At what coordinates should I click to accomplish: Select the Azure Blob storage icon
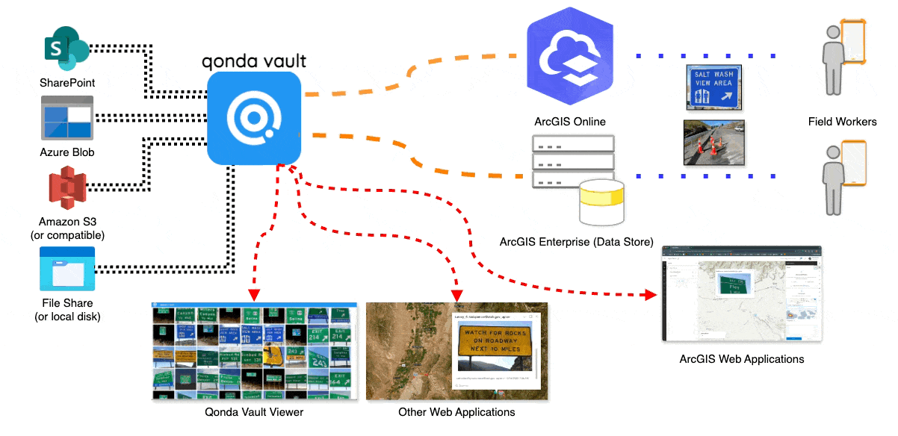tap(67, 117)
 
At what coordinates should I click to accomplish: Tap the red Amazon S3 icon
tap(67, 187)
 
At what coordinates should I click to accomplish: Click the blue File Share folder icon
tap(67, 268)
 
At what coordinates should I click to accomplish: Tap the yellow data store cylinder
tap(601, 203)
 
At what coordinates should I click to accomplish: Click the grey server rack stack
tap(572, 160)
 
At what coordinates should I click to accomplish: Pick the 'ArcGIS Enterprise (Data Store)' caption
tap(576, 242)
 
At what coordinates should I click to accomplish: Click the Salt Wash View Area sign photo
tap(713, 86)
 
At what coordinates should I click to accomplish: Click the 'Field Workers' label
tap(842, 122)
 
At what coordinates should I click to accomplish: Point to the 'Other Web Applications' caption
tap(456, 412)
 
